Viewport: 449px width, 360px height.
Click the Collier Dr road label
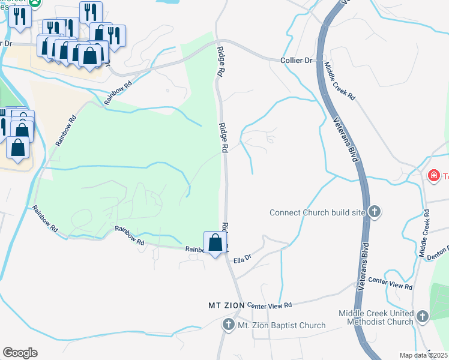tap(297, 61)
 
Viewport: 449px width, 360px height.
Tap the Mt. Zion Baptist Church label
tap(282, 325)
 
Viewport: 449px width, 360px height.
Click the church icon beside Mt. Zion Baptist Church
tap(229, 325)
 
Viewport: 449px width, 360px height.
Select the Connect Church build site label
tap(317, 212)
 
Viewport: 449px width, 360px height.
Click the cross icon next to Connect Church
tap(374, 211)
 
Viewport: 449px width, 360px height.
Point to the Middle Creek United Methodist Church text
tap(376, 317)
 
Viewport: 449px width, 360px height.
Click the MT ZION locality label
tap(226, 305)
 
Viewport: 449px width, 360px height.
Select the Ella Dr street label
tap(242, 260)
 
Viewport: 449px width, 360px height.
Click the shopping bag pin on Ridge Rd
tap(215, 243)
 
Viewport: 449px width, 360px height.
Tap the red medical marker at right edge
tap(433, 175)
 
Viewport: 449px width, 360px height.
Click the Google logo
tap(20, 353)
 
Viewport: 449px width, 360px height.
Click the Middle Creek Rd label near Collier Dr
tap(340, 81)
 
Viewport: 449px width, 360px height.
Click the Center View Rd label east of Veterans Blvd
tap(390, 283)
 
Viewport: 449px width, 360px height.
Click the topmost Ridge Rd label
tap(221, 61)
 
